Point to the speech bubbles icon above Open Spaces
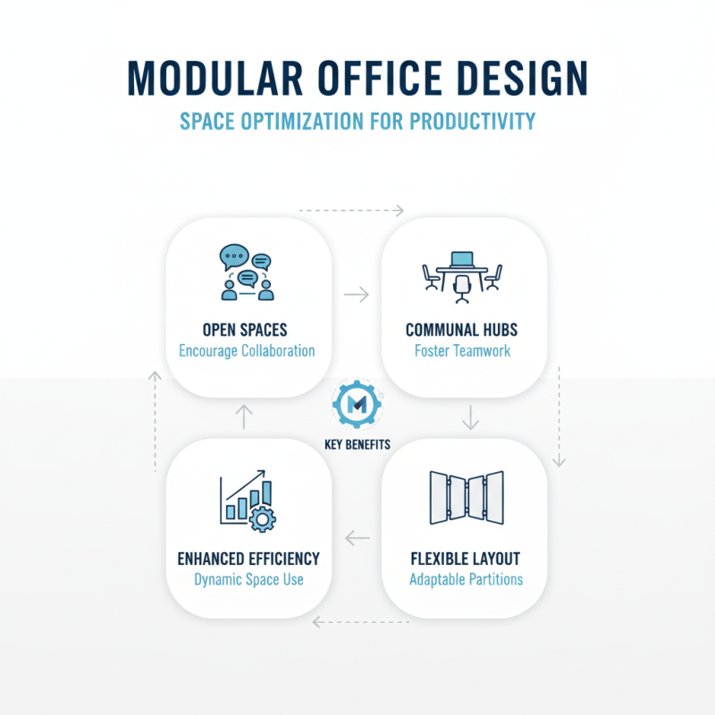click(247, 272)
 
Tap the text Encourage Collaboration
click(247, 350)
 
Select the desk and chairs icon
click(462, 272)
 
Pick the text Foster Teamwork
click(463, 350)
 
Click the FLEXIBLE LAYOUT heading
click(465, 559)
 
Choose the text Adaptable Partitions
click(466, 579)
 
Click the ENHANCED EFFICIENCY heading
click(248, 559)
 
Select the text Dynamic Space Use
click(248, 579)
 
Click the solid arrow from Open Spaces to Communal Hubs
click(357, 294)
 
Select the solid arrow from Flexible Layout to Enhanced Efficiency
click(357, 538)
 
